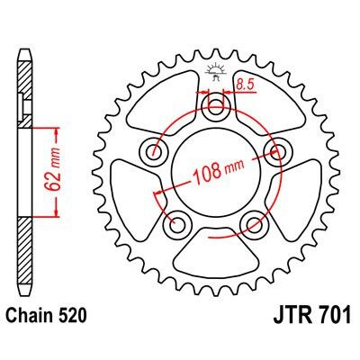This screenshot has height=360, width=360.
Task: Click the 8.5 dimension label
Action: point(245,85)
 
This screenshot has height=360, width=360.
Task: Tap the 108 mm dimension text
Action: point(219,172)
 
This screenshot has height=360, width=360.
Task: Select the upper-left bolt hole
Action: point(154,152)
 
